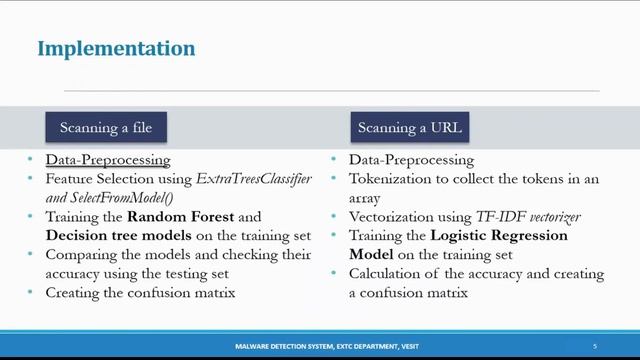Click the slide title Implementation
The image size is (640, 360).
pos(116,48)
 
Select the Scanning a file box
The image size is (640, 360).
pos(105,128)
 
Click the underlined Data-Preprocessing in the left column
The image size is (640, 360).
pos(108,160)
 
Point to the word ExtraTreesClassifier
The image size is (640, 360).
pos(254,178)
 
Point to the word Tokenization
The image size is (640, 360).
pos(394,179)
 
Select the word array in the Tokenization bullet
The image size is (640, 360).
pos(365,198)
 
